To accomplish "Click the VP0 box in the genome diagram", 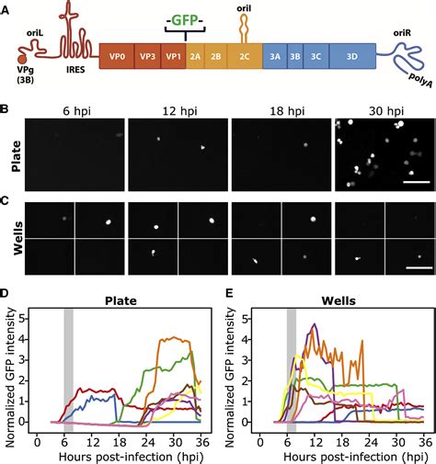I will [x=116, y=57].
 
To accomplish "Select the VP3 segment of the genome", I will [x=147, y=57].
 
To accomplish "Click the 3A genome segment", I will [x=275, y=57].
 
